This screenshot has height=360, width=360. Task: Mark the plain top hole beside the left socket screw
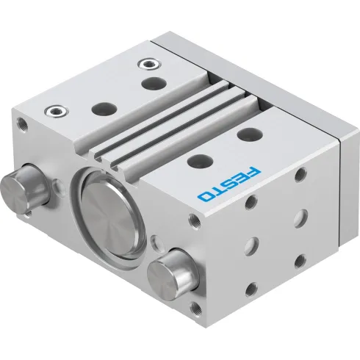pyautogui.click(x=98, y=107)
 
